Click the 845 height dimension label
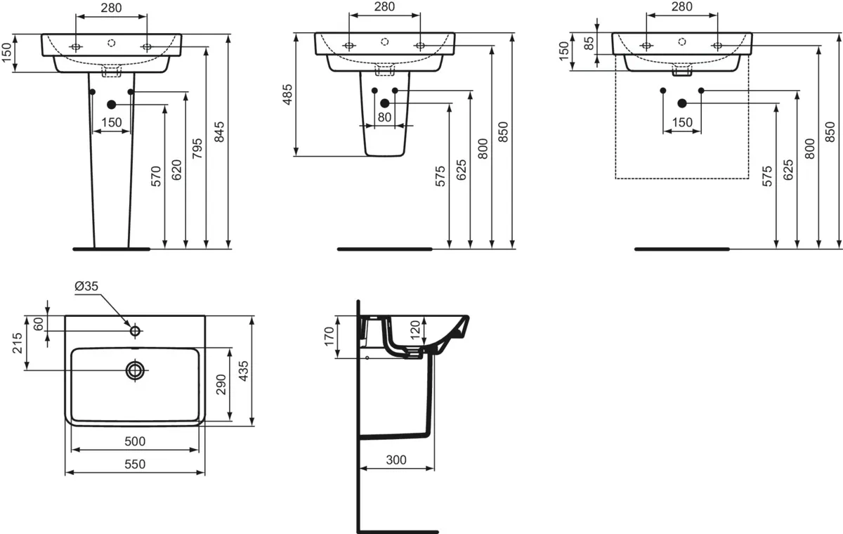tap(219, 132)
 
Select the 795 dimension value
tap(197, 150)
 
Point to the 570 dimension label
tap(156, 176)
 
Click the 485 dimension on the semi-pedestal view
tap(287, 95)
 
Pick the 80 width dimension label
tap(384, 117)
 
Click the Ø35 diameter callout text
tap(86, 286)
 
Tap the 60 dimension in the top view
tap(38, 323)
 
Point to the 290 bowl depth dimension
tap(221, 386)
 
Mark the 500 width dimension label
tap(135, 441)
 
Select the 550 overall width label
tap(135, 464)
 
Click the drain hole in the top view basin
tap(135, 370)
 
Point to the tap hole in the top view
tap(135, 330)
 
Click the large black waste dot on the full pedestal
tap(111, 105)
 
